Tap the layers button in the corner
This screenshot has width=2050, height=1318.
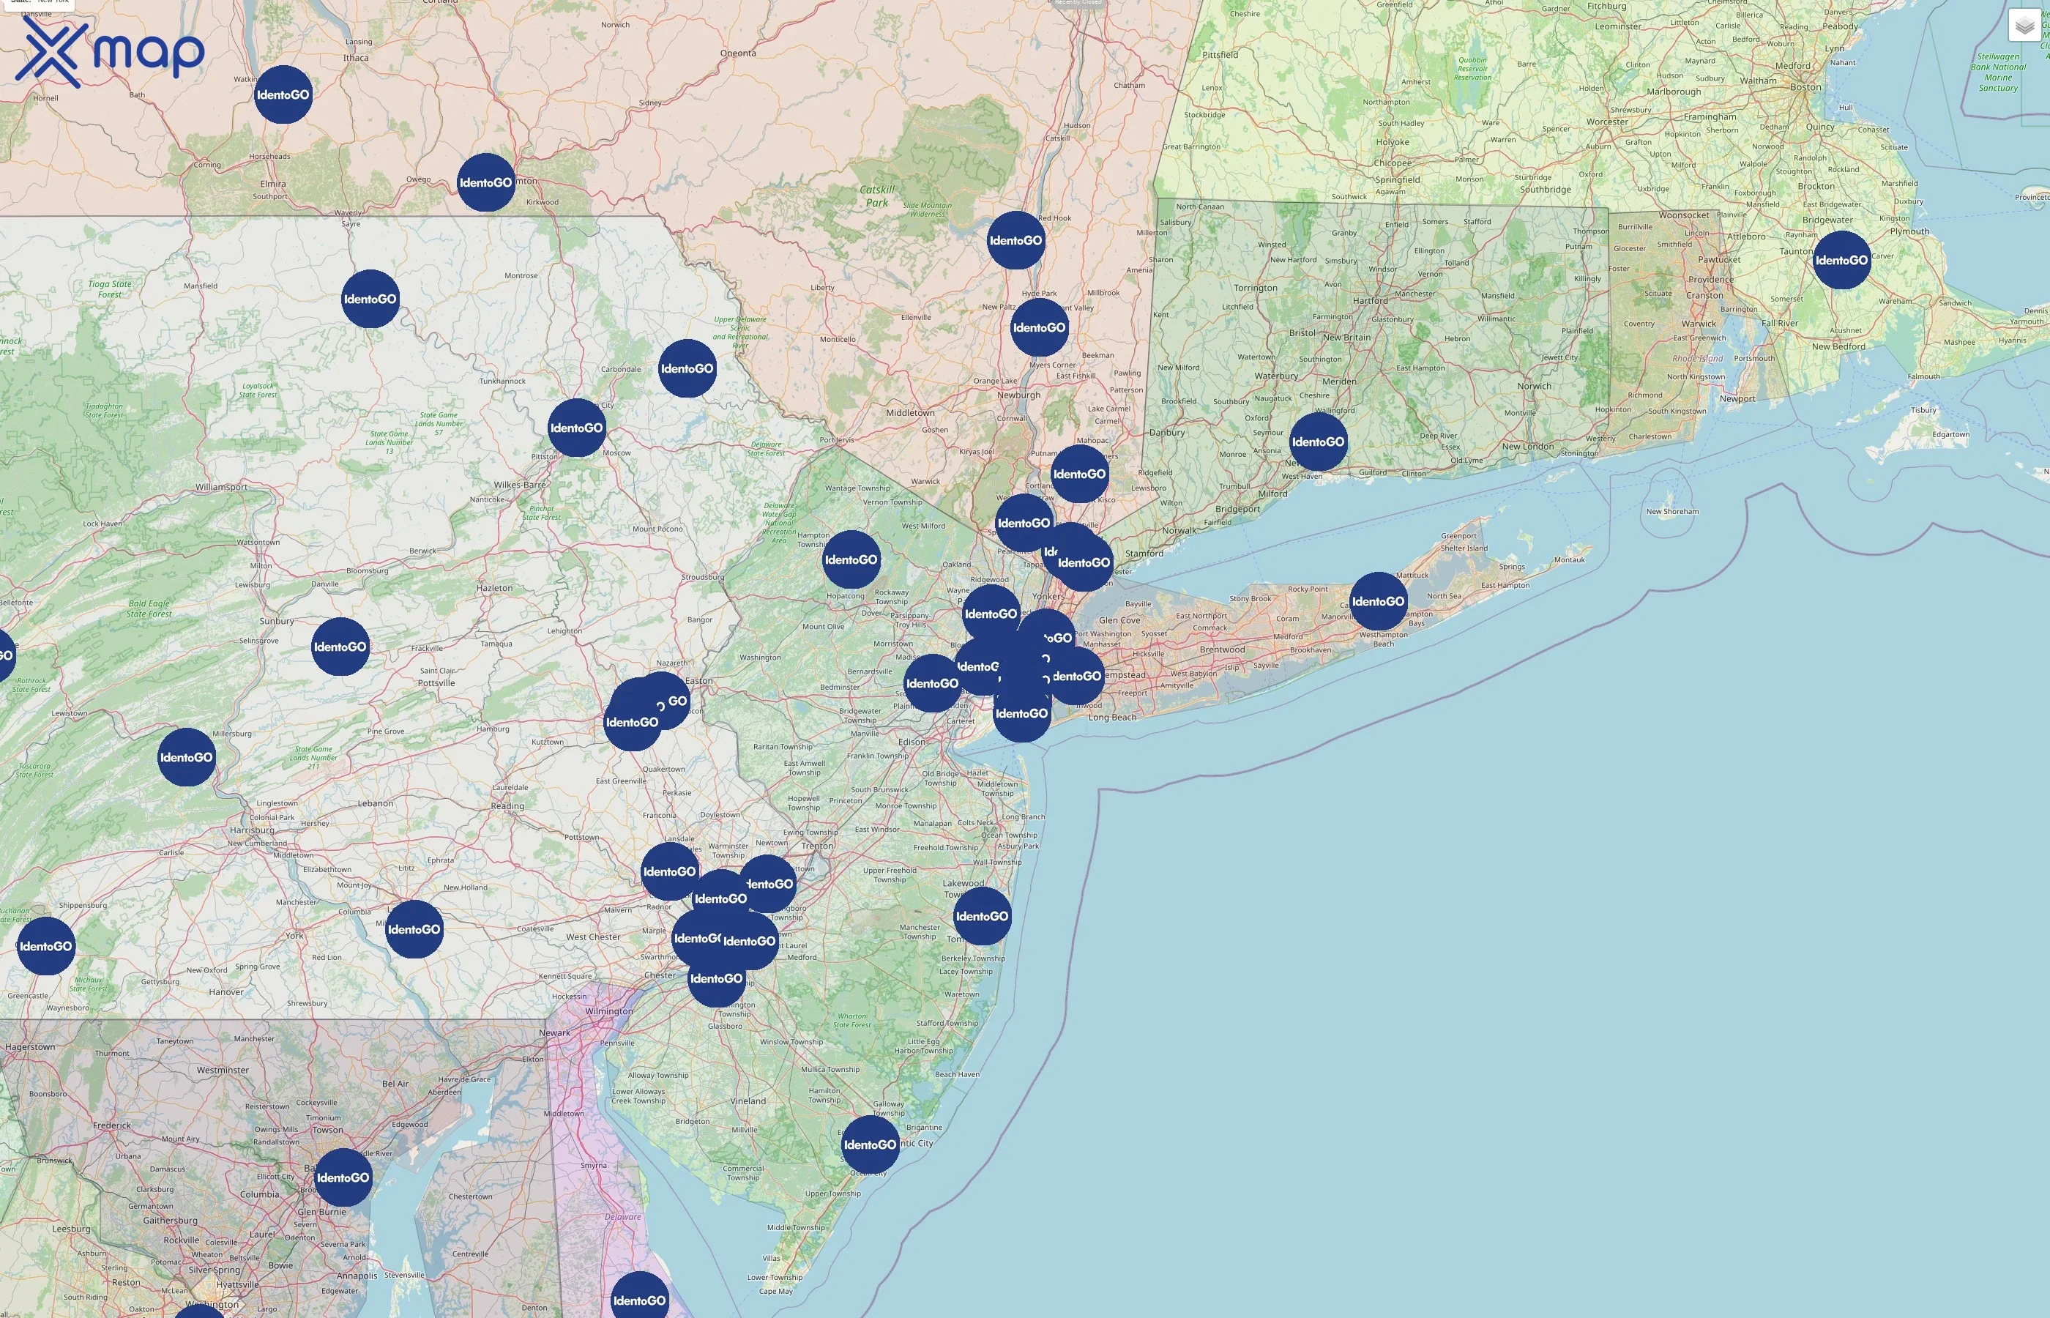point(2024,26)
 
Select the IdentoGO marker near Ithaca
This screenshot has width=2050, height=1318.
point(283,95)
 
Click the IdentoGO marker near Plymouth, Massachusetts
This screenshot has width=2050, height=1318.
point(1841,260)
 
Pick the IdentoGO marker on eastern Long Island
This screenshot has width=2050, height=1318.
point(1377,602)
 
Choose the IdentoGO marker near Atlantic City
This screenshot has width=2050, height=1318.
point(870,1144)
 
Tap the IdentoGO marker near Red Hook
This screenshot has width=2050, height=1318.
point(1015,240)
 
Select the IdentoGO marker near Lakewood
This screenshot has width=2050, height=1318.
point(981,917)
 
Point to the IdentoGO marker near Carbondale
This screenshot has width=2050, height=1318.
point(687,369)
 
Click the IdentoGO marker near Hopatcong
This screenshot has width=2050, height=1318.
point(851,559)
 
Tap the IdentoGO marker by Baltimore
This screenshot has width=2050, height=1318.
point(343,1177)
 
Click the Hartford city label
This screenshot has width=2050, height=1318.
point(1370,300)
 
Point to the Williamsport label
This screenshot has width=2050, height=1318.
point(221,487)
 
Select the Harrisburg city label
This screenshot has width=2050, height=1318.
point(252,830)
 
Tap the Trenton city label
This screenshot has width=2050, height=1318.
point(817,846)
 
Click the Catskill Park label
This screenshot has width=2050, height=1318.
point(877,196)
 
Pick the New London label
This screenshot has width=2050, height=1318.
point(1527,446)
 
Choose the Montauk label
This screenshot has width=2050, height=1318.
point(1569,559)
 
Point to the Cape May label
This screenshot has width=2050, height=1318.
point(775,1292)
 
